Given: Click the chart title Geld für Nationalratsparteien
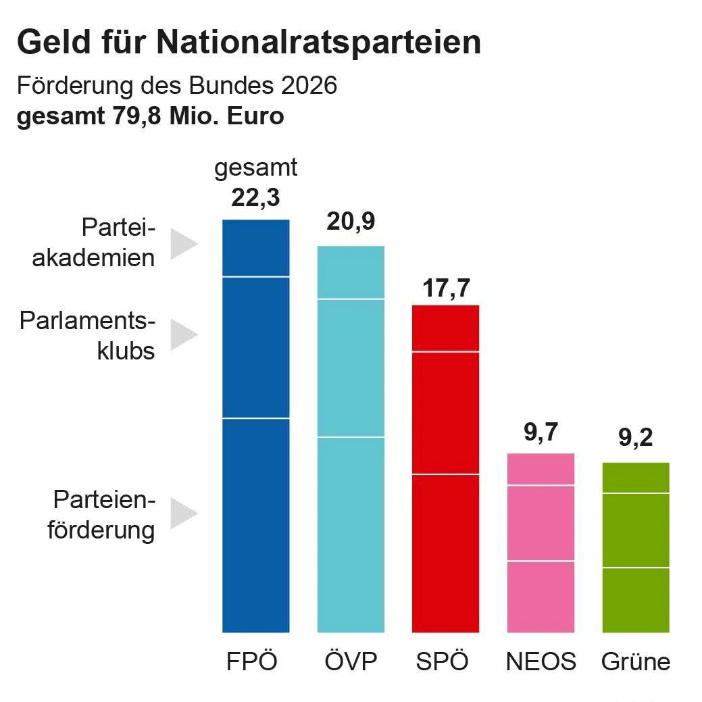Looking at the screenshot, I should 249,43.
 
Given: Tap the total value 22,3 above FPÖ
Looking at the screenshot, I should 255,198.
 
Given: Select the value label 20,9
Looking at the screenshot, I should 351,222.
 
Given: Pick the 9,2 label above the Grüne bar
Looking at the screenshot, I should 635,439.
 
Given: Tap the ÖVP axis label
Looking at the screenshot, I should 350,661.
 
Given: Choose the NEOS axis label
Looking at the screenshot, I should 541,661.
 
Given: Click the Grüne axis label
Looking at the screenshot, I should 635,661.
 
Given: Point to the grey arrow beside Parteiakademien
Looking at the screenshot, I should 182,243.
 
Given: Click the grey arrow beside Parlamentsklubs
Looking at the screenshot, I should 182,335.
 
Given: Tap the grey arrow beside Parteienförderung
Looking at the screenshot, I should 182,513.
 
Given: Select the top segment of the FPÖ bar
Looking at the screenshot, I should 255,248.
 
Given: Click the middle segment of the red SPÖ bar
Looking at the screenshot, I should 445,413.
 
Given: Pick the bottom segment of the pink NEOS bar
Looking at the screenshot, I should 541,597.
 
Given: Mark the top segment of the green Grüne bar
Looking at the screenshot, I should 635,478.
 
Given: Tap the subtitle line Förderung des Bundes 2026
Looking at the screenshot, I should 176,86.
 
